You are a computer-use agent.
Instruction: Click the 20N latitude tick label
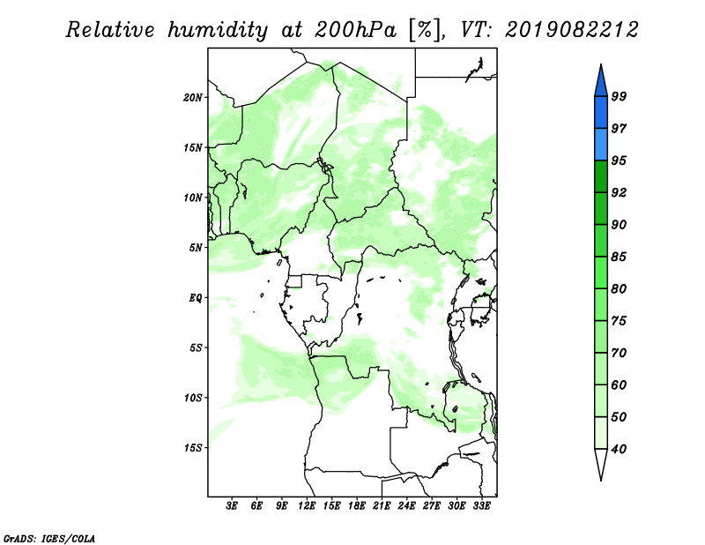[x=193, y=98]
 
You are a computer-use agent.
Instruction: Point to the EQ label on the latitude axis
[x=195, y=298]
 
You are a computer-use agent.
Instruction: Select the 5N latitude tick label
[x=196, y=248]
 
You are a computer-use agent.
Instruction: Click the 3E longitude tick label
[x=232, y=506]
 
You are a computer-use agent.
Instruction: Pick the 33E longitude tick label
[x=481, y=506]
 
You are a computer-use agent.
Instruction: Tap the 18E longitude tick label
[x=357, y=506]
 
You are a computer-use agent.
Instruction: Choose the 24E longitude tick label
[x=406, y=506]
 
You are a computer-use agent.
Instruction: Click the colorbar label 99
[x=619, y=96]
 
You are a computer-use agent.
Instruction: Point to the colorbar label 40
[x=619, y=449]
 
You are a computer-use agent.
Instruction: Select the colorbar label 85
[x=619, y=257]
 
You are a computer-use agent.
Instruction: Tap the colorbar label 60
[x=619, y=384]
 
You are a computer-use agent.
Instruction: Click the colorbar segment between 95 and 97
[x=601, y=145]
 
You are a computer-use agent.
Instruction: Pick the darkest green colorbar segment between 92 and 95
[x=601, y=176]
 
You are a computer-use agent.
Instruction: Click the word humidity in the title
[x=218, y=31]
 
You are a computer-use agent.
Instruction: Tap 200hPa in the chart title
[x=356, y=30]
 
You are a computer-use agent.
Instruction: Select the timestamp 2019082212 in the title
[x=571, y=30]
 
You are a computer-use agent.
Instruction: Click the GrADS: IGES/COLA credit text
[x=49, y=538]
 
